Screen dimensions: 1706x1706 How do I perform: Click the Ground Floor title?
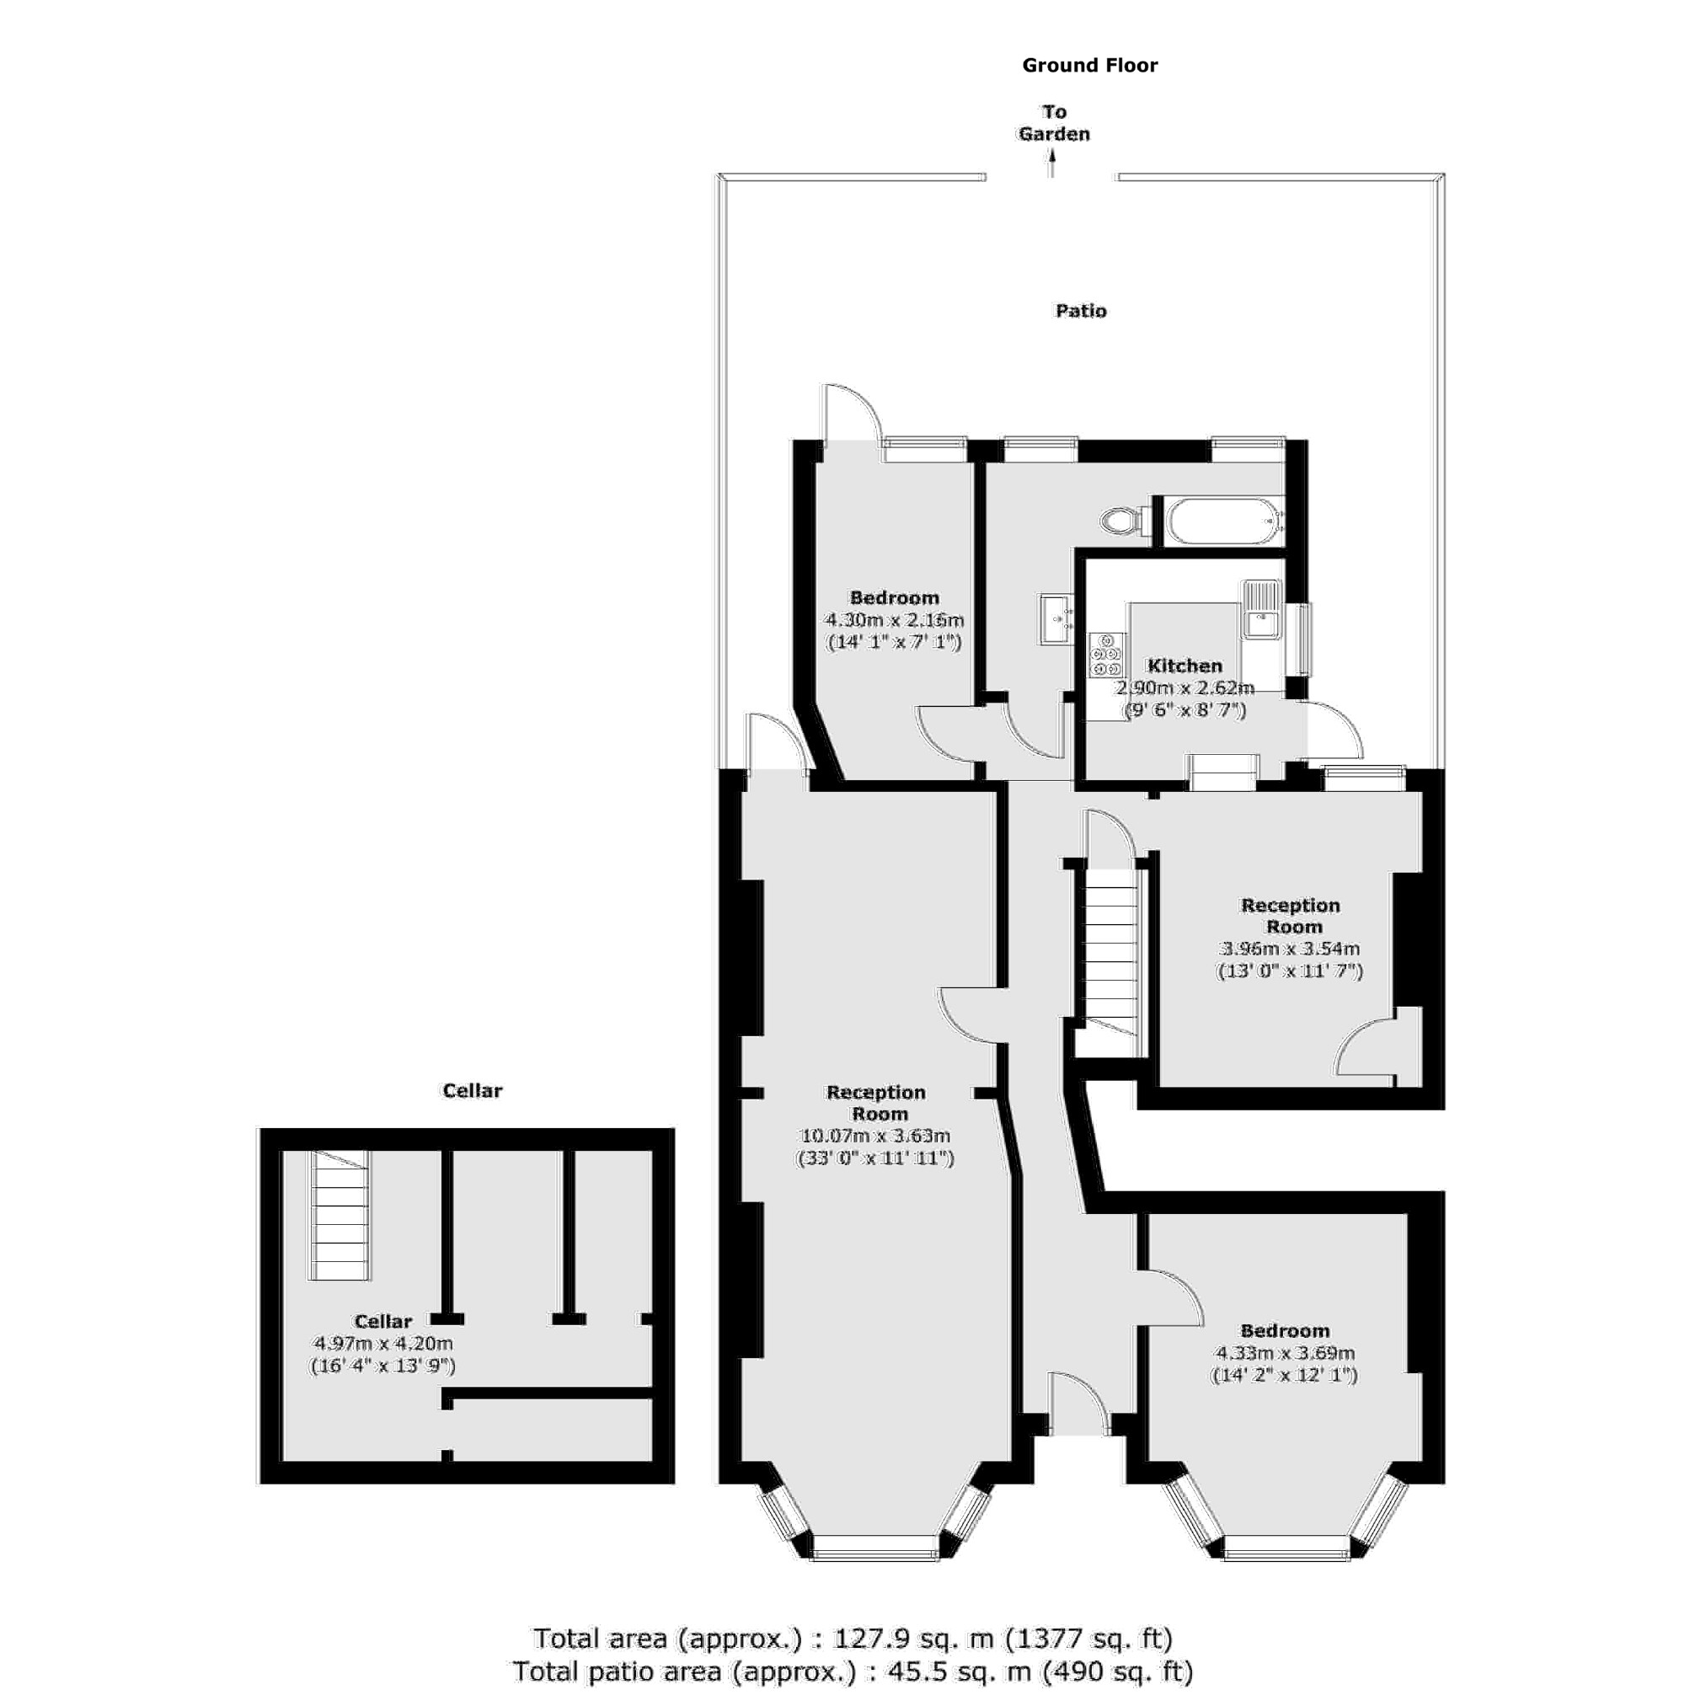(x=1089, y=66)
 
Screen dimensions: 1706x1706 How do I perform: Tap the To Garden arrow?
(x=1051, y=164)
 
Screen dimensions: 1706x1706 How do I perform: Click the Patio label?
(x=1081, y=311)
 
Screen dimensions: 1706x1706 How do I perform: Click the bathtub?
(x=1224, y=521)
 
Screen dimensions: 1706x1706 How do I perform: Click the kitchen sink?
(x=1262, y=609)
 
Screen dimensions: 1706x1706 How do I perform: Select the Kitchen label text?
(x=1185, y=666)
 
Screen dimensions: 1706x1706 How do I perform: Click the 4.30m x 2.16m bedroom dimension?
(x=894, y=620)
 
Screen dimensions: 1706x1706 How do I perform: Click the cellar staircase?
(x=340, y=1218)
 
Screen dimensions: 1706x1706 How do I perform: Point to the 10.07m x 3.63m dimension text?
(x=875, y=1136)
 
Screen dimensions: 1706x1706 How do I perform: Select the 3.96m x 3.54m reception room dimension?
(x=1289, y=949)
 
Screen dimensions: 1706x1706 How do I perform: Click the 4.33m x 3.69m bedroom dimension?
(x=1285, y=1353)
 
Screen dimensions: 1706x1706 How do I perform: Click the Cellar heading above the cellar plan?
(x=472, y=1090)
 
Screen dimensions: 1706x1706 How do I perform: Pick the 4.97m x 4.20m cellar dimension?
(x=383, y=1344)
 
